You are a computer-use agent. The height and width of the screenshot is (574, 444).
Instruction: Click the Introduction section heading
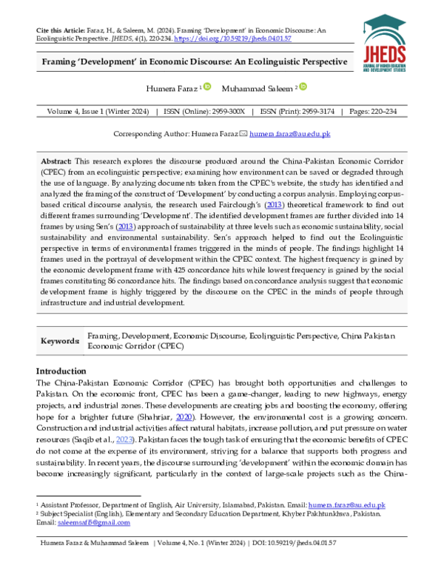[61, 371]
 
